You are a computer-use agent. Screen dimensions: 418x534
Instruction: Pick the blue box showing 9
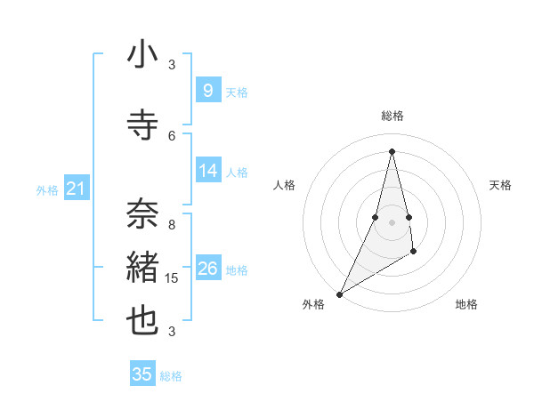click(207, 90)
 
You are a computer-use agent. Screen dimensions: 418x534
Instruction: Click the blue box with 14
click(207, 170)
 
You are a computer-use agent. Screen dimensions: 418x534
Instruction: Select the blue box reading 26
click(207, 268)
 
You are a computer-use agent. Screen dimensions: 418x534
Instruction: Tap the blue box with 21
click(76, 188)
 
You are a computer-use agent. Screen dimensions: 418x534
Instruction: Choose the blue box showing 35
click(142, 374)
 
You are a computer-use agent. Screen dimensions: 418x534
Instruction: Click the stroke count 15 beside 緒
click(172, 278)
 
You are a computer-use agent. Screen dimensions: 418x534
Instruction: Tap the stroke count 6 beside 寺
click(172, 135)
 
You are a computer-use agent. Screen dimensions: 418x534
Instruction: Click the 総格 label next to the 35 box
click(171, 376)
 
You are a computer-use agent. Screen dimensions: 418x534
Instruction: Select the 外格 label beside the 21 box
click(46, 189)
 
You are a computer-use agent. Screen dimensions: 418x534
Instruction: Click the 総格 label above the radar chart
click(392, 116)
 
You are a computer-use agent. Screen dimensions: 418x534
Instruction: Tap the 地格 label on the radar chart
click(466, 304)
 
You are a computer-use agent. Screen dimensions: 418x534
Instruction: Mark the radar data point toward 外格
click(339, 293)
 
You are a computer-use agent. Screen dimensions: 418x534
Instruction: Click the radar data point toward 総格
click(392, 151)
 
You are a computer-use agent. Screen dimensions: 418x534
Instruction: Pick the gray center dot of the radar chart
click(392, 221)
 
